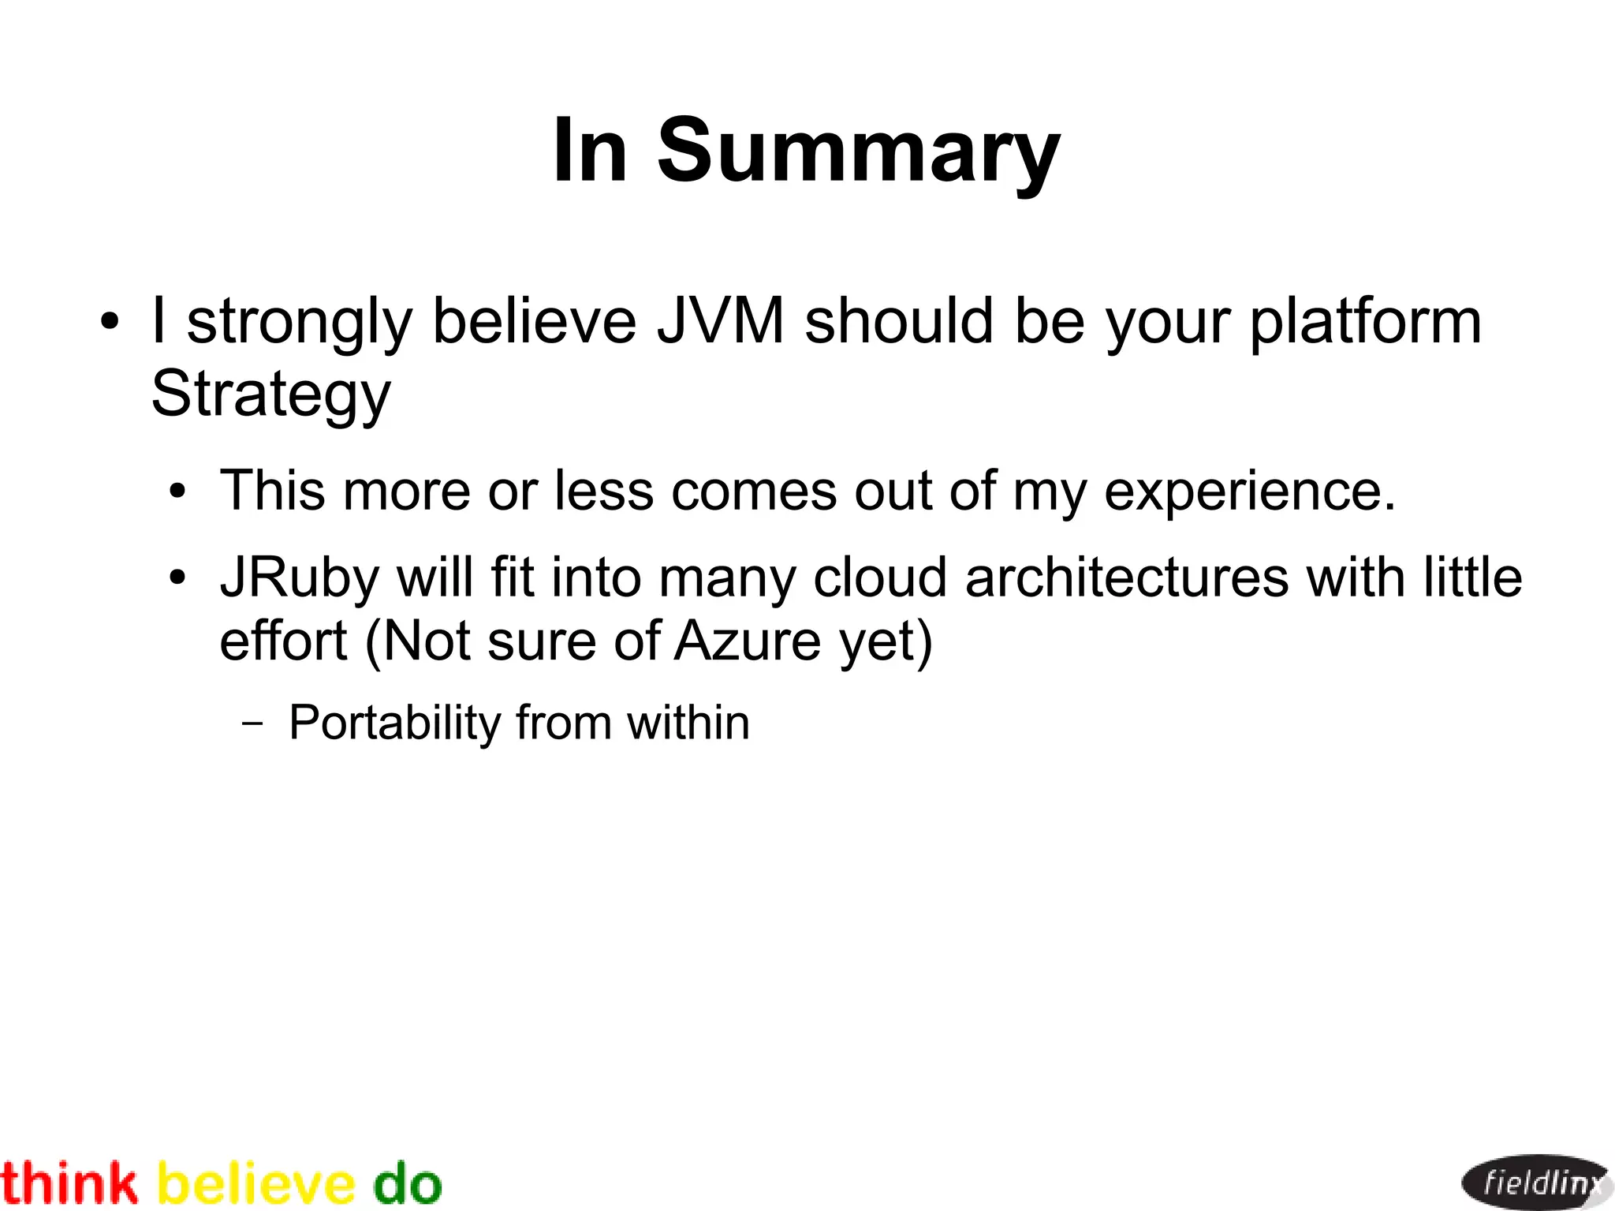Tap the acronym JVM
click(x=721, y=321)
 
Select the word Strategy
click(x=270, y=394)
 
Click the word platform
click(x=1365, y=323)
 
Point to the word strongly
click(x=300, y=323)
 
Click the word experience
click(x=1250, y=492)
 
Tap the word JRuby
click(x=300, y=578)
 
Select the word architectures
click(x=1126, y=577)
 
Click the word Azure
click(x=748, y=641)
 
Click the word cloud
click(x=879, y=577)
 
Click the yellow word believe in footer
click(x=256, y=1184)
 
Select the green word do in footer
click(x=407, y=1184)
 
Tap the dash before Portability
click(x=253, y=723)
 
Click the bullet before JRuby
click(x=178, y=578)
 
